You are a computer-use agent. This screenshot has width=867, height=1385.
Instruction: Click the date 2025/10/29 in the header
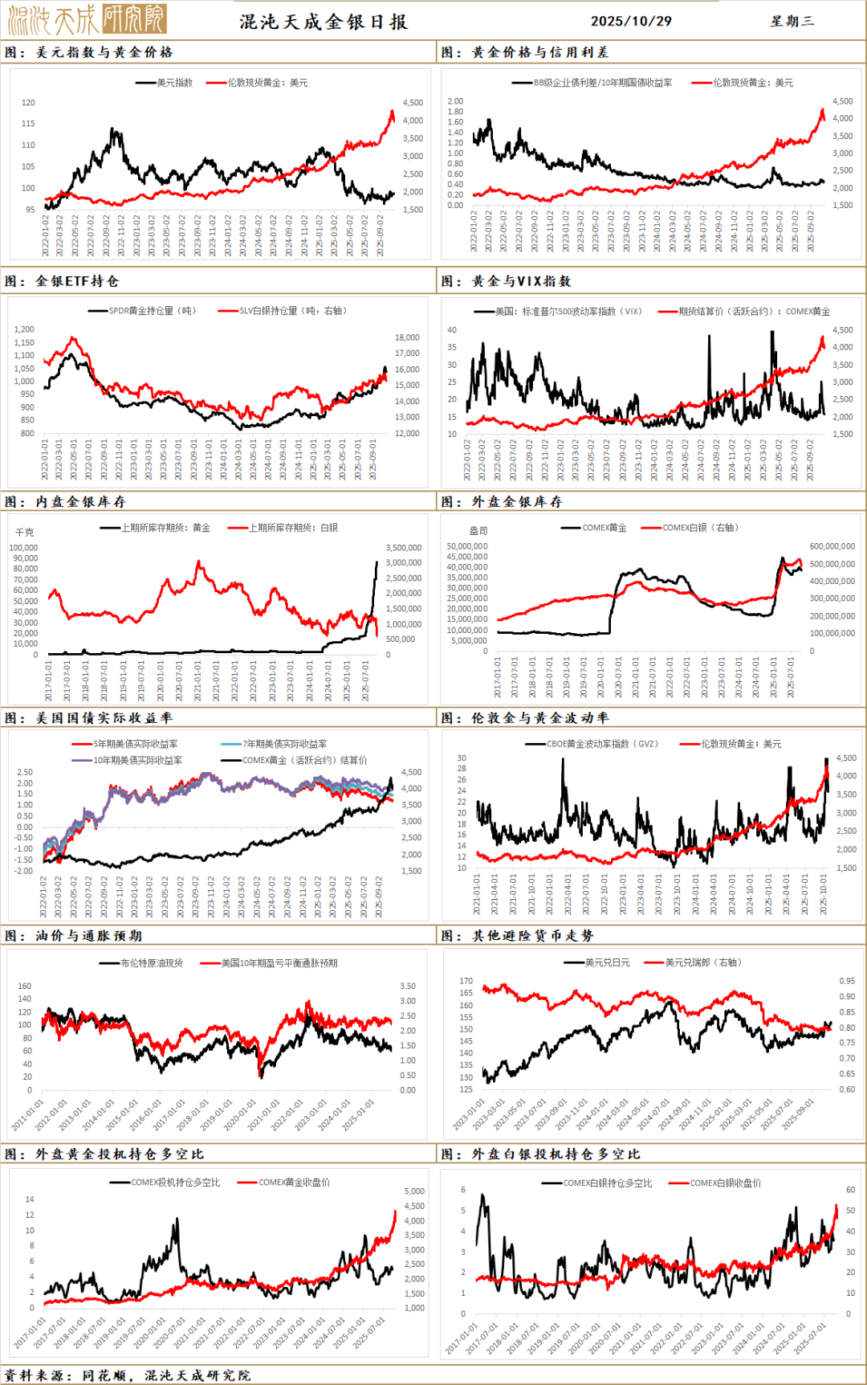pos(631,21)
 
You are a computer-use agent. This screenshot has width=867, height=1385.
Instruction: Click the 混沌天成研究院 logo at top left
pos(87,19)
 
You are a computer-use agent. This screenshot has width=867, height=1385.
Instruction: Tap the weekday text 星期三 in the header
pos(792,21)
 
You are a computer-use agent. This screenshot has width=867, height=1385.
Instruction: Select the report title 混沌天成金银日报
pos(324,22)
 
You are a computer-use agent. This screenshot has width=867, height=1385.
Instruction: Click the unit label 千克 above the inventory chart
pos(25,533)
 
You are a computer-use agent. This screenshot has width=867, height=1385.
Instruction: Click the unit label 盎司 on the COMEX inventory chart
pos(478,531)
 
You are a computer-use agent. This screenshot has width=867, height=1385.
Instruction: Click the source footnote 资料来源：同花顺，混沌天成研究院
pos(127,1375)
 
